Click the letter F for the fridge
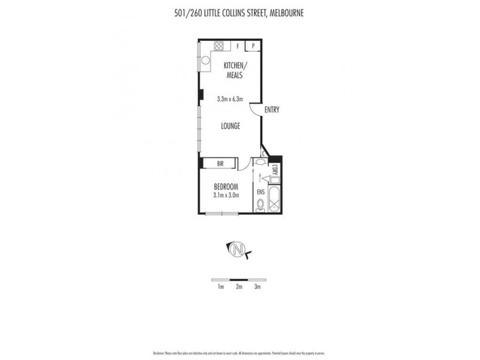[x=238, y=46]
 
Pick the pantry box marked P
[x=253, y=46]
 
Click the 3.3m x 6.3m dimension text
[x=230, y=99]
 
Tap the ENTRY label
[x=271, y=110]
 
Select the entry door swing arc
[x=256, y=109]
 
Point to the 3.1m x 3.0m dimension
[x=226, y=194]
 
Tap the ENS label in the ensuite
[x=260, y=192]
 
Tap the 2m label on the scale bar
[x=239, y=287]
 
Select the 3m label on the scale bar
[x=257, y=287]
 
